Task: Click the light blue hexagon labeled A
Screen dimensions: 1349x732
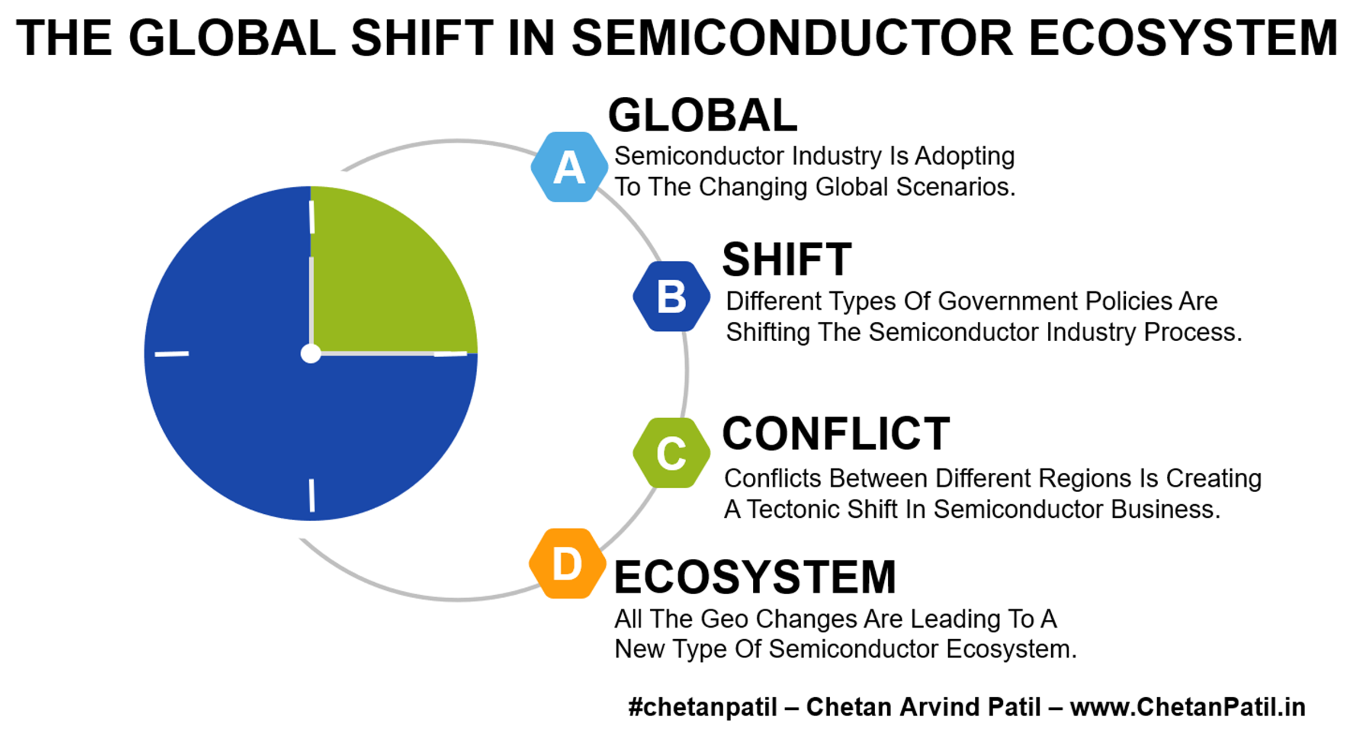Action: click(x=569, y=167)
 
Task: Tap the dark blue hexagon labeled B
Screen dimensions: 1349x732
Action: click(x=671, y=296)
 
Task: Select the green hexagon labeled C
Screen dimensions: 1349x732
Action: click(x=671, y=453)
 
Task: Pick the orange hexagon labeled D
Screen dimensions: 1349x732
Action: click(x=567, y=563)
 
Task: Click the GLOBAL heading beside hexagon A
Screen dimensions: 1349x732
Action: click(x=703, y=115)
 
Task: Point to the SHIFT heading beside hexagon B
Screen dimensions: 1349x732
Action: click(x=787, y=260)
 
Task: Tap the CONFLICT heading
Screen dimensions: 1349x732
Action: click(x=836, y=434)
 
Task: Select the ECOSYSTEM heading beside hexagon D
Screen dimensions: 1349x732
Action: click(x=755, y=577)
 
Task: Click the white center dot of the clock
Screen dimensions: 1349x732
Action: click(x=310, y=354)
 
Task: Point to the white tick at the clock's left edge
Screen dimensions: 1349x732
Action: click(x=171, y=354)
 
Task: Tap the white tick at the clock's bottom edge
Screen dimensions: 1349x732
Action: click(x=311, y=496)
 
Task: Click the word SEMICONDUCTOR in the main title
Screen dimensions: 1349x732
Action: click(x=792, y=38)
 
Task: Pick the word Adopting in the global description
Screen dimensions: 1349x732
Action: click(x=965, y=156)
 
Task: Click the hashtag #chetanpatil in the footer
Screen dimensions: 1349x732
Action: click(x=703, y=708)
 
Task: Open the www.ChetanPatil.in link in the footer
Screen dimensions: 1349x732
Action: click(x=1188, y=707)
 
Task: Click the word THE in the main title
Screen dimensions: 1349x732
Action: click(x=64, y=38)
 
